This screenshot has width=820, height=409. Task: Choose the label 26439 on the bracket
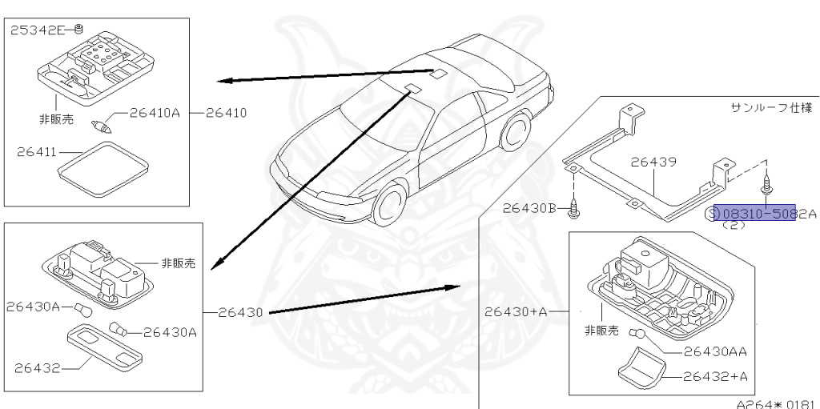point(653,162)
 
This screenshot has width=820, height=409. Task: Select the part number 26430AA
point(715,351)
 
